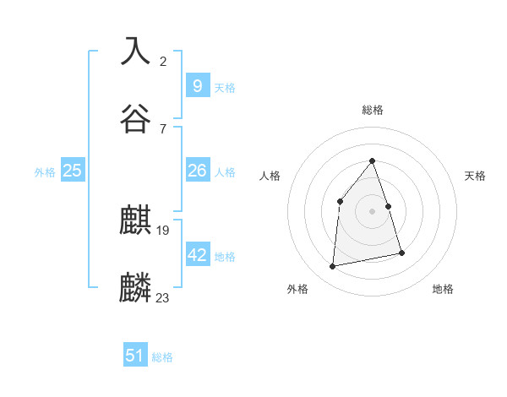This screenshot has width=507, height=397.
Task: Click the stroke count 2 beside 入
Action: [163, 61]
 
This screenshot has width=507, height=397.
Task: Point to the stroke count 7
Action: [163, 128]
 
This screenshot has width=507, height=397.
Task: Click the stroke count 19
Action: [163, 231]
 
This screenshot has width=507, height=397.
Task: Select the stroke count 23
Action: [163, 298]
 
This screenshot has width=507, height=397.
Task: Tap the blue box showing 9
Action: [197, 85]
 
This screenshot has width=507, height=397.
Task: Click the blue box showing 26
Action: [197, 171]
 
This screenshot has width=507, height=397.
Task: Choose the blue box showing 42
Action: [197, 254]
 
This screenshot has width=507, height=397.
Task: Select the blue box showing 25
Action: [73, 171]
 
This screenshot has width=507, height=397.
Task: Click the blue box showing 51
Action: [135, 356]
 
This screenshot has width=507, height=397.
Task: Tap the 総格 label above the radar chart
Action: [373, 110]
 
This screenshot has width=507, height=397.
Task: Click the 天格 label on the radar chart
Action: [475, 176]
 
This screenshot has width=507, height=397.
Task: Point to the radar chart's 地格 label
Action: [443, 289]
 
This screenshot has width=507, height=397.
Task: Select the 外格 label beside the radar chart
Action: [297, 289]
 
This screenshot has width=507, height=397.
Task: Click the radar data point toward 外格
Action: [333, 267]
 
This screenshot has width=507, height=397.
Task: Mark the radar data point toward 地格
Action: [401, 253]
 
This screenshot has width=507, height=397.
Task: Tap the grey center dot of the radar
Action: [372, 211]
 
